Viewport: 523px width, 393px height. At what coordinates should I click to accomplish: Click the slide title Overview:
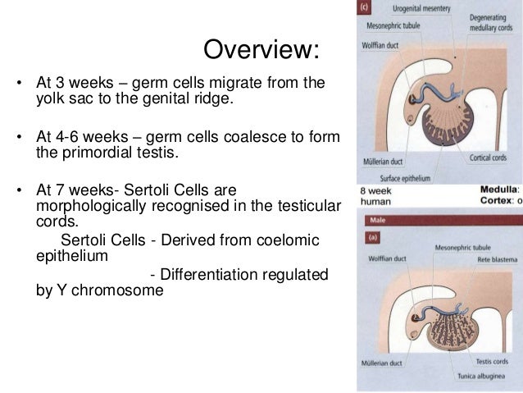point(260,50)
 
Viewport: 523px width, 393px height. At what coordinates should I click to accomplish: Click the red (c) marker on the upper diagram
point(365,8)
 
